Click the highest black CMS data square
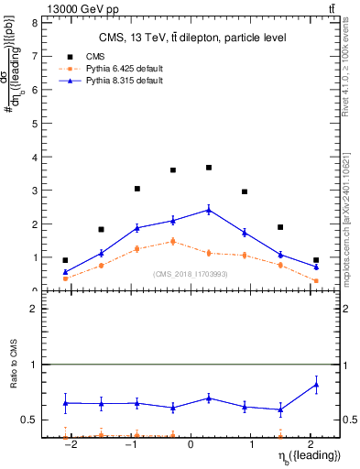point(209,168)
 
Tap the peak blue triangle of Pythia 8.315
point(209,210)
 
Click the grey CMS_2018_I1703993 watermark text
point(191,273)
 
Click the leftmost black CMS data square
point(65,260)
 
